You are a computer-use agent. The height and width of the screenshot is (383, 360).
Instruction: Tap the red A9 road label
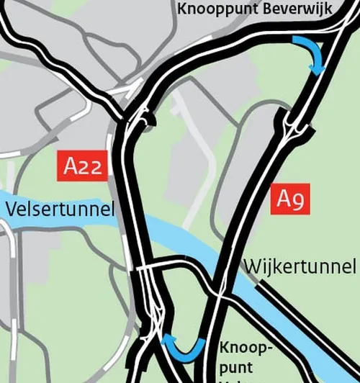pos(292,199)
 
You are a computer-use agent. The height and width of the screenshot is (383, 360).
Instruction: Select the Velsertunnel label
pos(59,209)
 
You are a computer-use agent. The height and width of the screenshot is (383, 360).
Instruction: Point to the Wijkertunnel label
pos(300,266)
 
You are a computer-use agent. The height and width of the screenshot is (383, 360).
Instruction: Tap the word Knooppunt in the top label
pos(211,9)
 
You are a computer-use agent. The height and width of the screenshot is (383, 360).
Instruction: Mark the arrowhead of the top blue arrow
pos(318,68)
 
